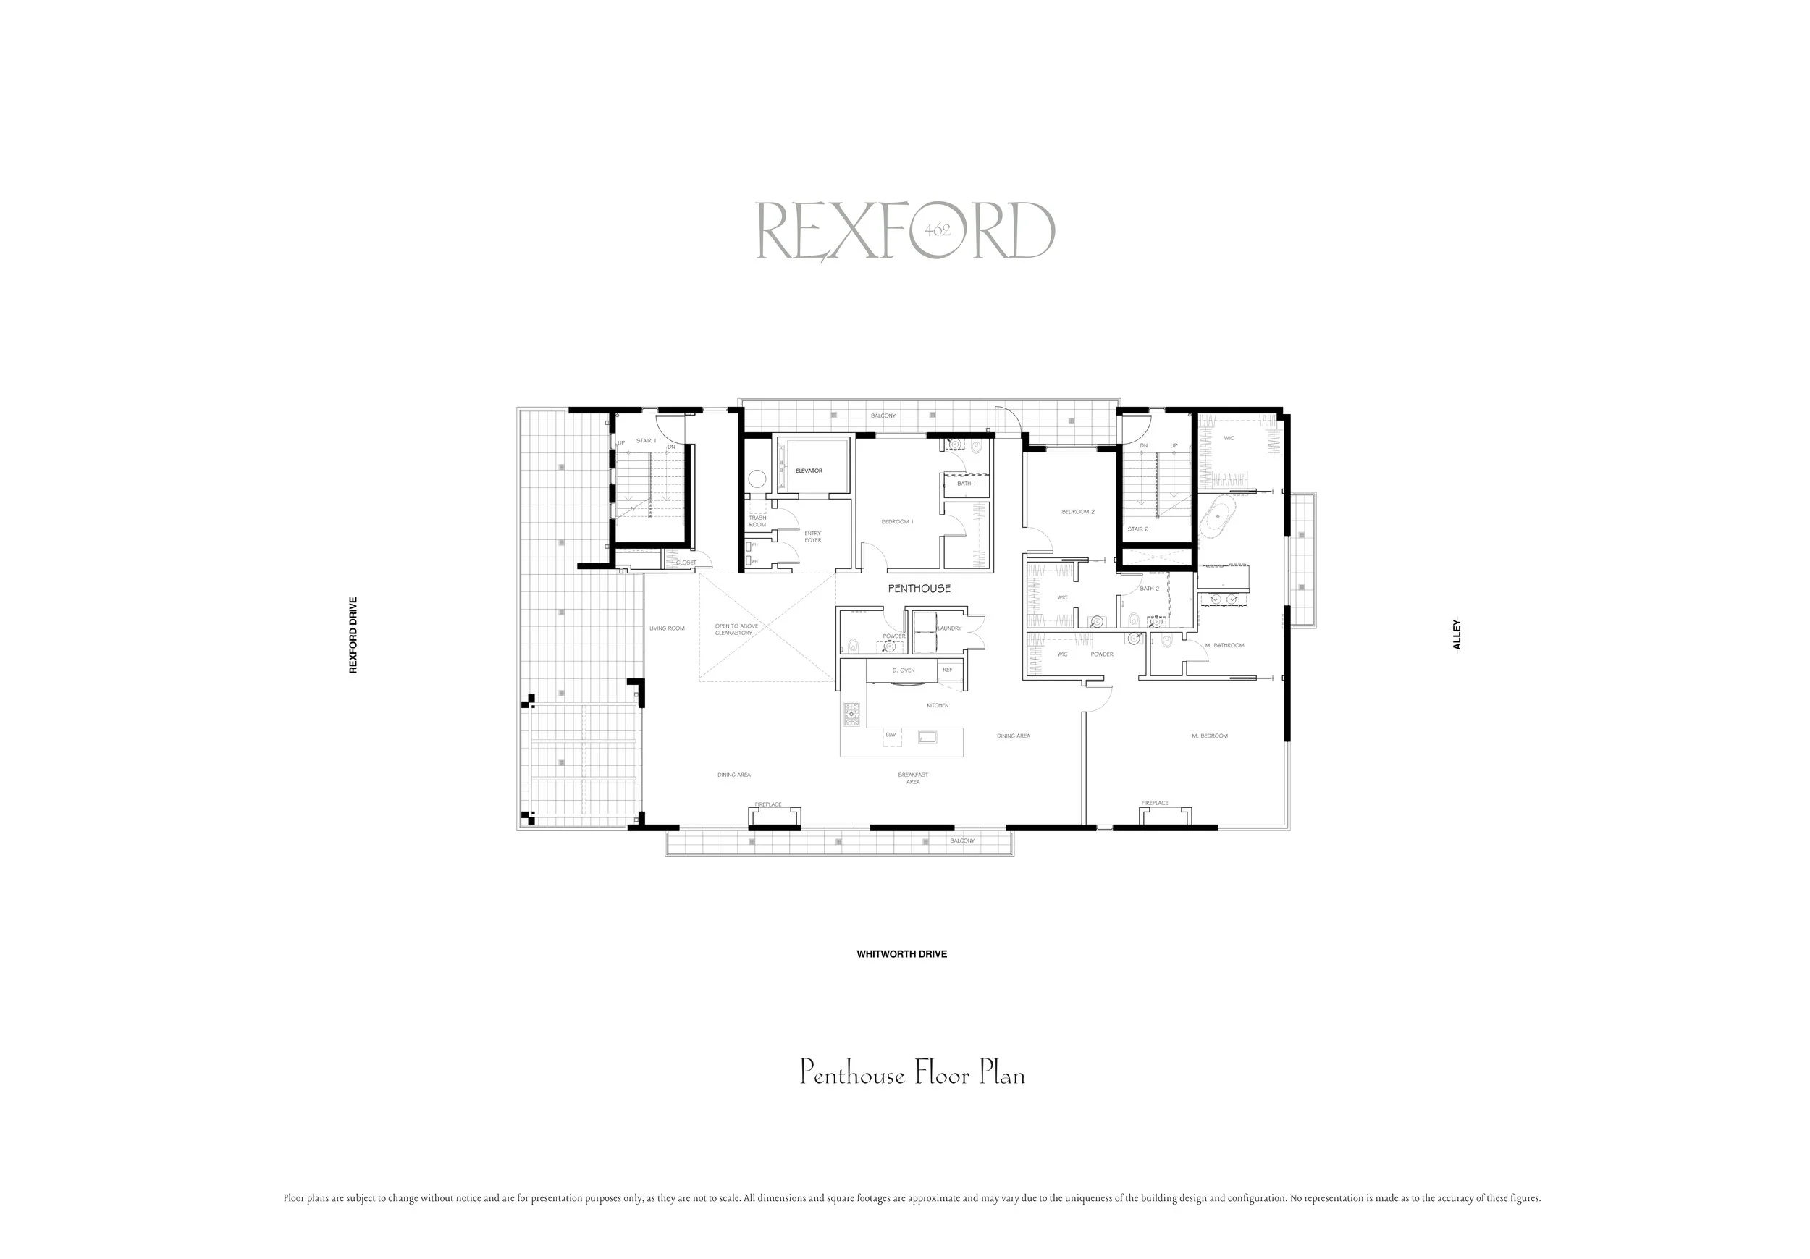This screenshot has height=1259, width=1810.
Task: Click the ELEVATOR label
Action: click(x=808, y=471)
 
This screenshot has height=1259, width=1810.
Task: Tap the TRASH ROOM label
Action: click(x=757, y=521)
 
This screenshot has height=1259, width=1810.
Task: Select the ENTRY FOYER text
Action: click(x=813, y=537)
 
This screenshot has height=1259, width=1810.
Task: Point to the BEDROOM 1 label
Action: click(x=897, y=522)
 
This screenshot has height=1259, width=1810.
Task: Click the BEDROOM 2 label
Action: click(x=1077, y=512)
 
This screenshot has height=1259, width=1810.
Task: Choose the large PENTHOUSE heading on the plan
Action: click(x=919, y=588)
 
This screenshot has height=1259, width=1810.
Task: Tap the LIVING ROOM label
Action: click(x=667, y=628)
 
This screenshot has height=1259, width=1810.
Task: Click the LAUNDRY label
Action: click(x=949, y=628)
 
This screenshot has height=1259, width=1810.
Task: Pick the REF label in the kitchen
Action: click(x=948, y=670)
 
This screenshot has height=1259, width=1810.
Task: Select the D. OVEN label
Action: click(x=904, y=670)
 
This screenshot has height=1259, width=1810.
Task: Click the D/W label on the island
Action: click(x=891, y=735)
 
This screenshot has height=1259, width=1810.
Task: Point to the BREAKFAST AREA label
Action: click(x=913, y=778)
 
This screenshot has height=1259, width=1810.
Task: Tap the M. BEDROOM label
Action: click(x=1209, y=736)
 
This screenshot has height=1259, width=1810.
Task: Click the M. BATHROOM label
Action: click(x=1224, y=645)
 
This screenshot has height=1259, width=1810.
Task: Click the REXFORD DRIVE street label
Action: click(x=353, y=635)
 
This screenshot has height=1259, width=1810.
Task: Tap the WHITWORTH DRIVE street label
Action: click(x=902, y=954)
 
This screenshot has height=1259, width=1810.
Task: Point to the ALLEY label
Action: click(x=1457, y=635)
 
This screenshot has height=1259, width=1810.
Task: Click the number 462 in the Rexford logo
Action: click(x=938, y=230)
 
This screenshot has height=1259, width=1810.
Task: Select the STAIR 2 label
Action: click(x=1137, y=529)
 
